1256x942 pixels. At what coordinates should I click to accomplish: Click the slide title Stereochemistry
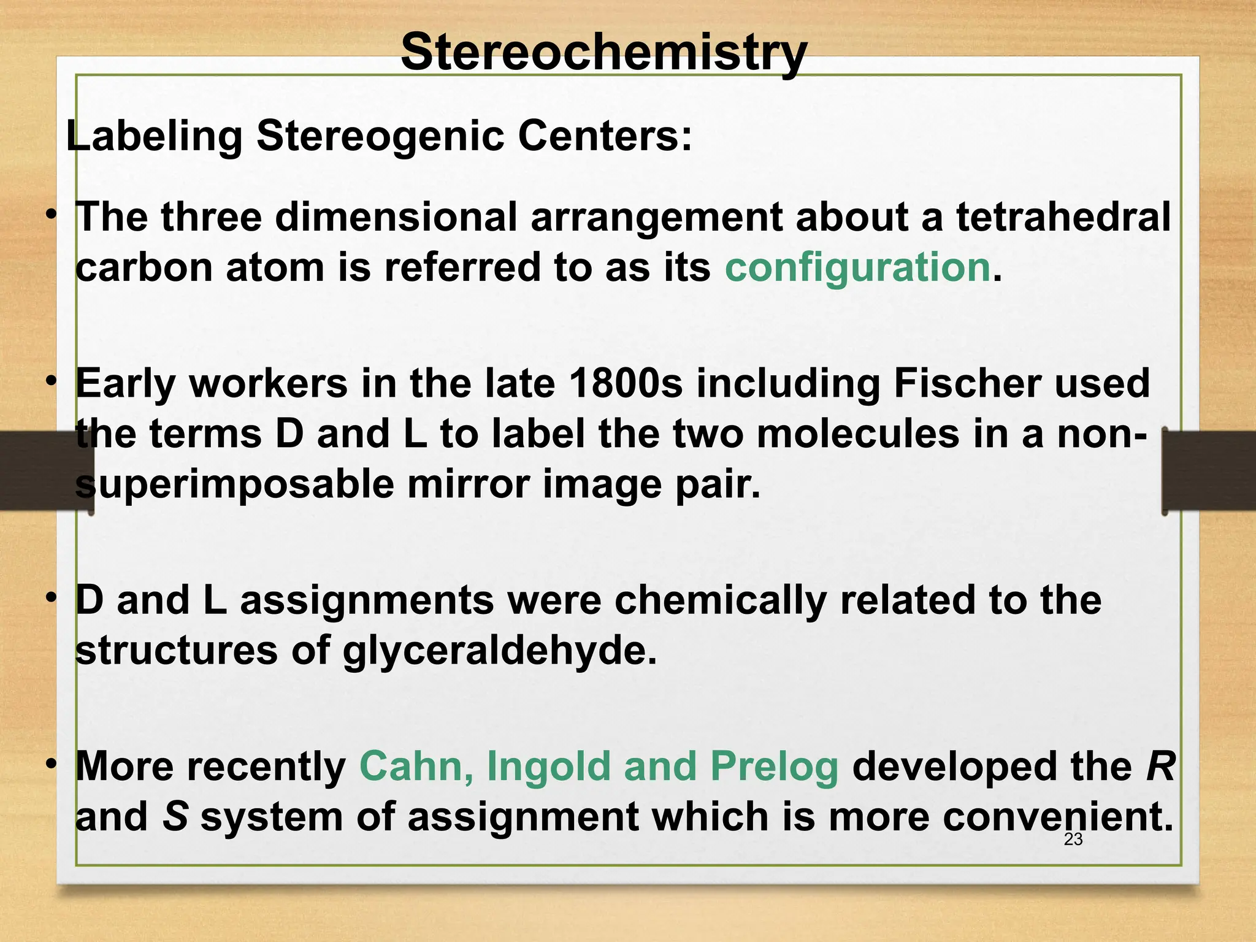point(603,53)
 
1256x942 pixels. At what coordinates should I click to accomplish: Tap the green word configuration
point(857,267)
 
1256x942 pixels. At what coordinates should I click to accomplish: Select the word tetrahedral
point(1063,217)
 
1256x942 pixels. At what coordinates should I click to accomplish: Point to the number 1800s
point(625,383)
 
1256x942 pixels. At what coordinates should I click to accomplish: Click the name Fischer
point(967,383)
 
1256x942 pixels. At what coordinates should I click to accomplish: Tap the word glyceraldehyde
point(499,650)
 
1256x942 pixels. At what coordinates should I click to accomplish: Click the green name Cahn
point(416,767)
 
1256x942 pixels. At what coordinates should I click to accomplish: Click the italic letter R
point(1160,767)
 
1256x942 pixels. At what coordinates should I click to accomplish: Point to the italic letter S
point(175,818)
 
